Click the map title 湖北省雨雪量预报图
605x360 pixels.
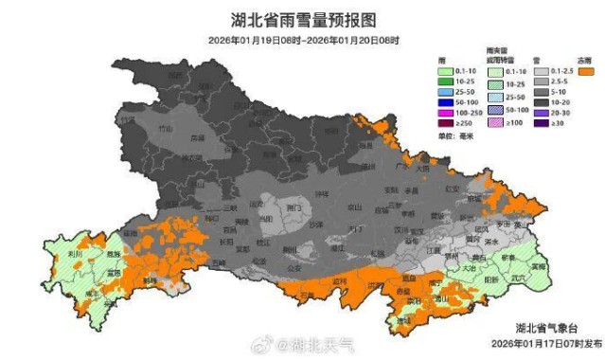click(303, 19)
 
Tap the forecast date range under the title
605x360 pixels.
click(303, 40)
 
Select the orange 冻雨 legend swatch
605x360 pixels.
click(588, 71)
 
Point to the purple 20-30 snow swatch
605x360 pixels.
click(543, 111)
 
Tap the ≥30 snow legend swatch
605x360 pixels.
click(543, 123)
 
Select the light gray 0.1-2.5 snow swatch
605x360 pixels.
click(543, 71)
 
